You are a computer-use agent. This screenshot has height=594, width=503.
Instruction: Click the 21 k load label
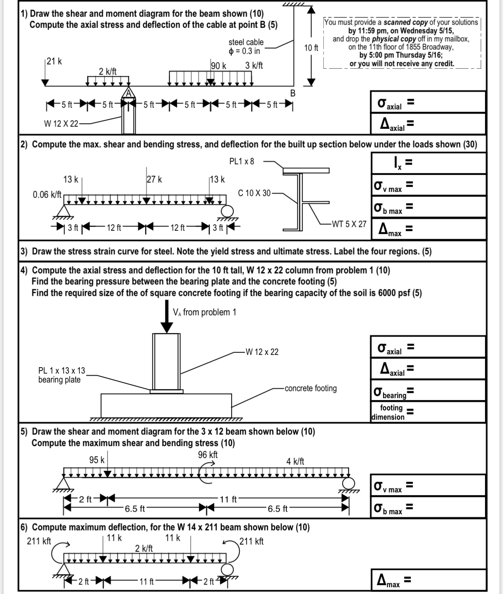pyautogui.click(x=54, y=61)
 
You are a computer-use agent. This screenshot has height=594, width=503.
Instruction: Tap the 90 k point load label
pyautogui.click(x=218, y=66)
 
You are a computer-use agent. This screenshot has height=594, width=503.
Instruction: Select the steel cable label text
pyautogui.click(x=246, y=42)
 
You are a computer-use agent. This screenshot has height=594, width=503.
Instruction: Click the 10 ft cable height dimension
pyautogui.click(x=311, y=48)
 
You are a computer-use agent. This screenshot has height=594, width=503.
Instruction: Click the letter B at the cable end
pyautogui.click(x=293, y=93)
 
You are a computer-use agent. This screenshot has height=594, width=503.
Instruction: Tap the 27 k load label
pyautogui.click(x=154, y=180)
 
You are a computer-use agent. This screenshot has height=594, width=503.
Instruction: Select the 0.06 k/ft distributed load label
pyautogui.click(x=47, y=195)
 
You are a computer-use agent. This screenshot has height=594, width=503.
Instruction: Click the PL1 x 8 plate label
pyautogui.click(x=241, y=161)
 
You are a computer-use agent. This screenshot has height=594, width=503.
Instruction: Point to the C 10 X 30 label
pyautogui.click(x=254, y=193)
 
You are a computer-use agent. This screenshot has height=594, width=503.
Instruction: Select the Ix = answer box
pyautogui.click(x=428, y=163)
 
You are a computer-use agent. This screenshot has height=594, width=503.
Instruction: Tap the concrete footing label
pyautogui.click(x=311, y=388)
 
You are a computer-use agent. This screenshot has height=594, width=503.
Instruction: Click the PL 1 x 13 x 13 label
pyautogui.click(x=61, y=371)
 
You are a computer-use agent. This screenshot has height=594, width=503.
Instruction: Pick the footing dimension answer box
pyautogui.click(x=428, y=412)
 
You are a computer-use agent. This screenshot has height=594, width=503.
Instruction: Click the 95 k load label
pyautogui.click(x=97, y=460)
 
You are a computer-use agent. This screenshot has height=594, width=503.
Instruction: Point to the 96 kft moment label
pyautogui.click(x=208, y=455)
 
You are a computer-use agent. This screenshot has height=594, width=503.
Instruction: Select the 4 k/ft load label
pyautogui.click(x=295, y=461)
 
